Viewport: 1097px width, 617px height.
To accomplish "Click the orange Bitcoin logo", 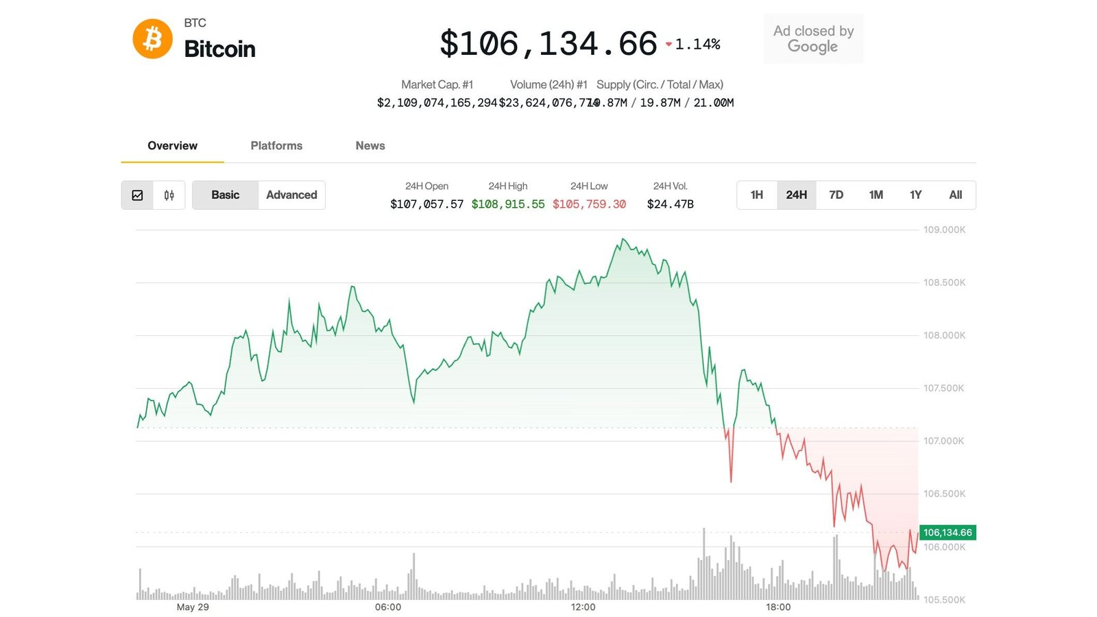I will tap(152, 39).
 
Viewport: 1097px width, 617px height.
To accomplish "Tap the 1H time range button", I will tap(756, 195).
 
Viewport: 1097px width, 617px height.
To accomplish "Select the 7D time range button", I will tap(836, 195).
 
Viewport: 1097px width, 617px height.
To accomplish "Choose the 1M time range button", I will tap(876, 195).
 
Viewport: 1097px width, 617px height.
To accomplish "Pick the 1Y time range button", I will tap(915, 195).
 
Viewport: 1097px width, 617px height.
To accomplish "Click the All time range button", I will tap(955, 195).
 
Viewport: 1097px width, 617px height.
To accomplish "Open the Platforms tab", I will tap(276, 145).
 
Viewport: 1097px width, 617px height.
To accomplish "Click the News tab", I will tap(370, 145).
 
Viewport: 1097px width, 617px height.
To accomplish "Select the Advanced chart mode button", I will tap(291, 195).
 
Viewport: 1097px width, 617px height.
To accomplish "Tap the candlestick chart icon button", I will tap(169, 195).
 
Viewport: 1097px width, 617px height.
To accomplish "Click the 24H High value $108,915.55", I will tap(508, 204).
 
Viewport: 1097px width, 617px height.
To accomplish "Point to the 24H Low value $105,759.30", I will tap(589, 204).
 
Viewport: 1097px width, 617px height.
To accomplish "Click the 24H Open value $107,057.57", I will tap(426, 204).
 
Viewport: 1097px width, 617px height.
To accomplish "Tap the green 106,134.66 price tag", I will tap(947, 533).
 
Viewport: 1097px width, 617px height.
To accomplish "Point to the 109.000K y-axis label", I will tap(944, 230).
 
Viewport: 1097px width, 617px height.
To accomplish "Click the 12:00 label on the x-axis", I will tap(583, 607).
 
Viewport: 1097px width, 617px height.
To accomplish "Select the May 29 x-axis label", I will tap(193, 607).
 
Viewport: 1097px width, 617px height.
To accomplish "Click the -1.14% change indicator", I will tap(693, 45).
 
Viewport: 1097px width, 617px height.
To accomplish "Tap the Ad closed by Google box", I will tap(813, 39).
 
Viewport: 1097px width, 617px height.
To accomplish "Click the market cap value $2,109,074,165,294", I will tap(437, 103).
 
